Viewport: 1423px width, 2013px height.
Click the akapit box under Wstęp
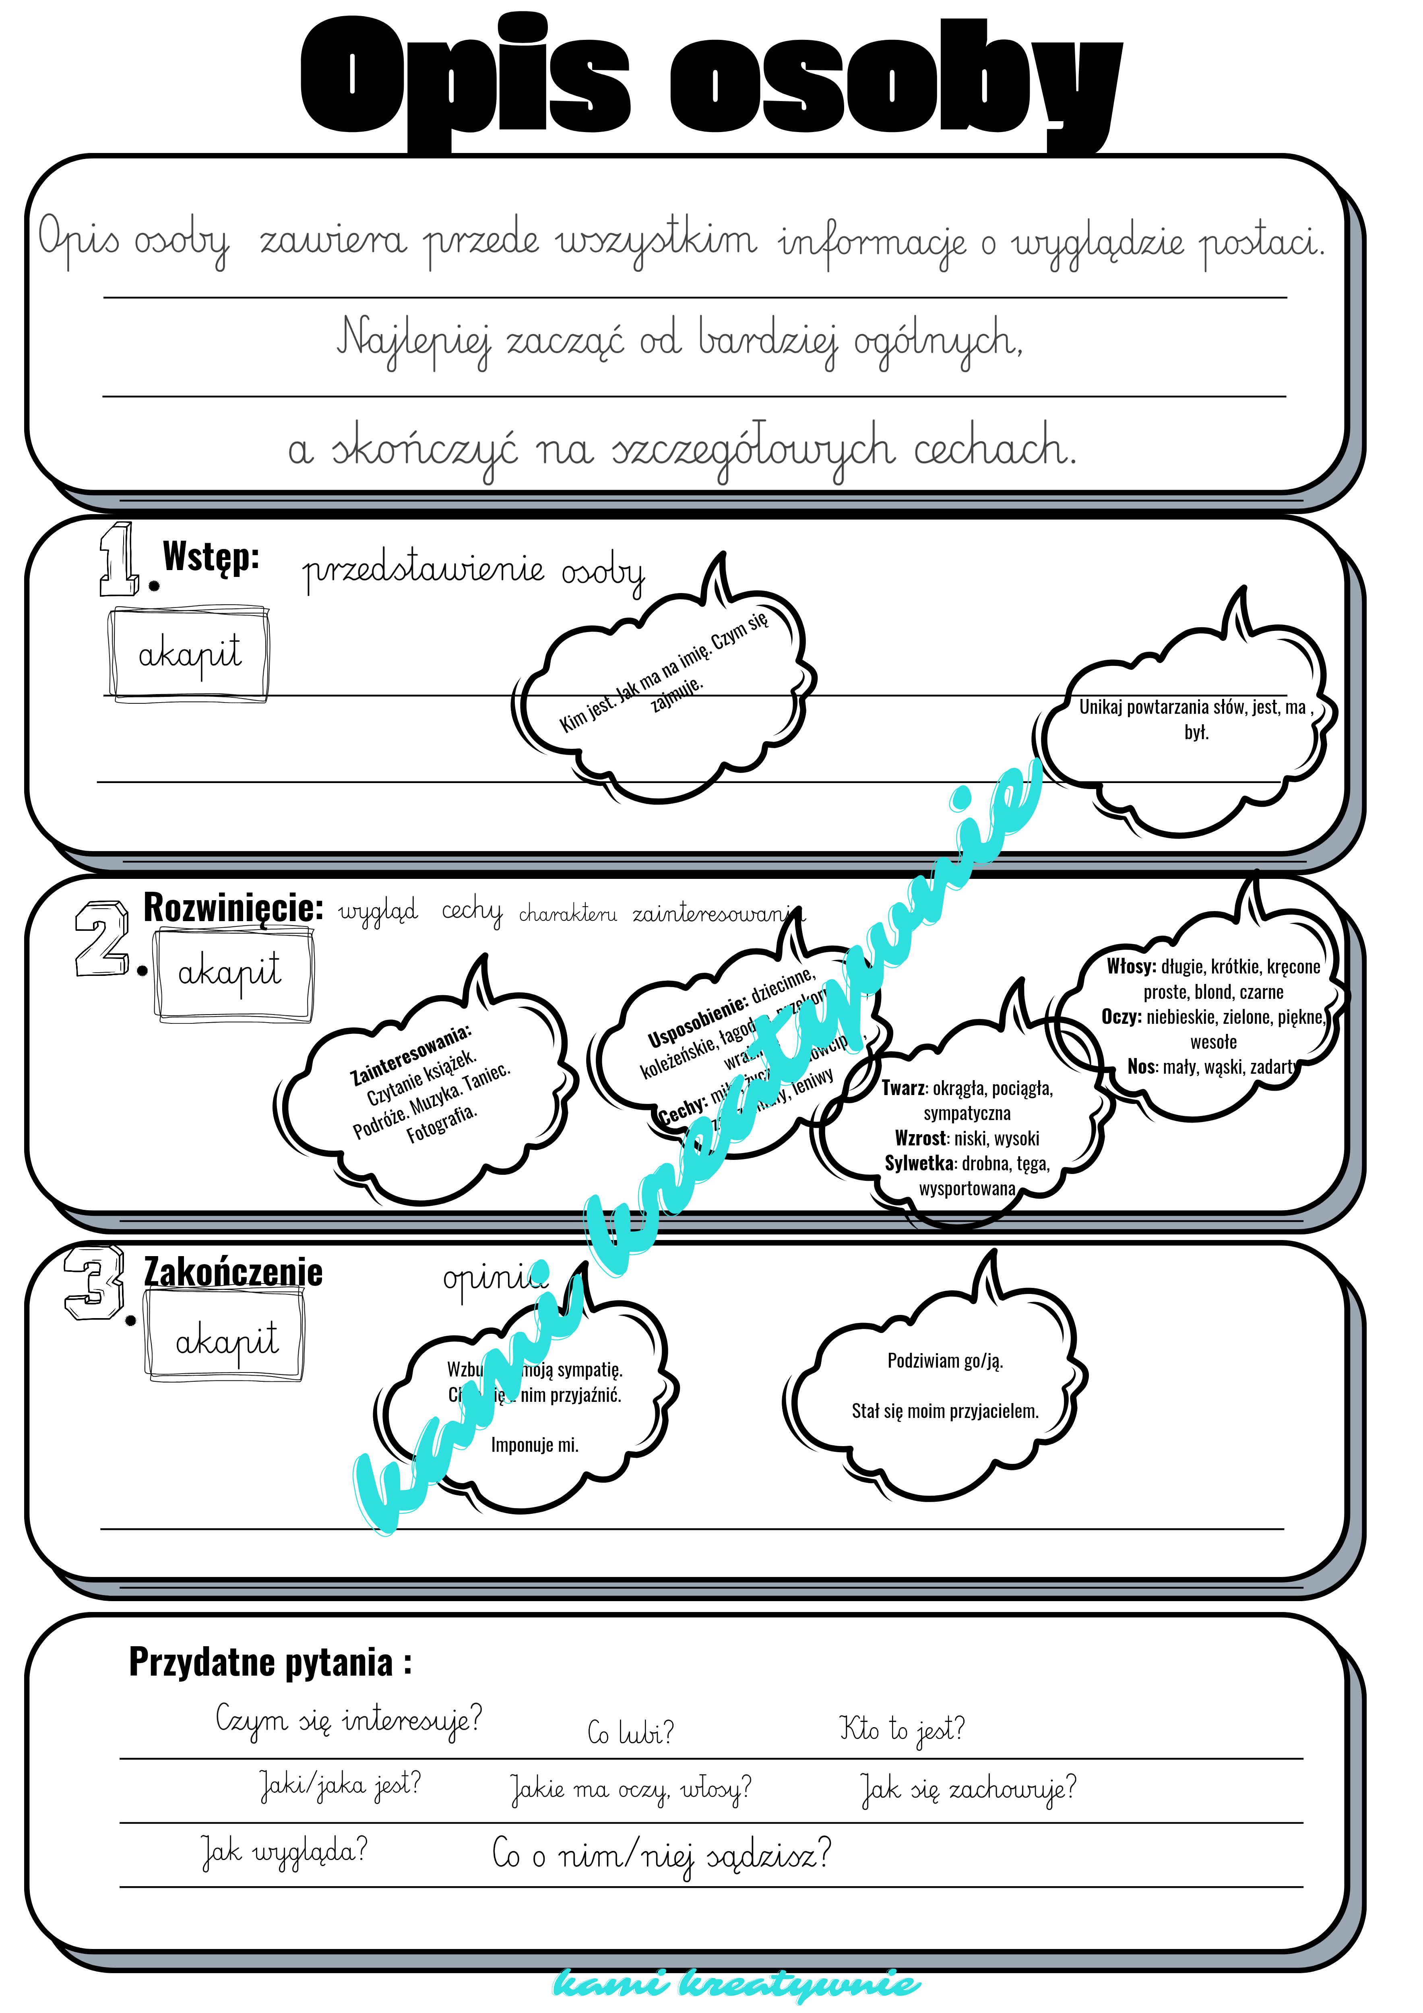coord(188,653)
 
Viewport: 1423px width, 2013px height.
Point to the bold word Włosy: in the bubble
coord(1131,966)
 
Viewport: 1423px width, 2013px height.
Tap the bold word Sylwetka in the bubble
coord(919,1164)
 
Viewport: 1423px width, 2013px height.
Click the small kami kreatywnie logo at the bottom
coord(737,1983)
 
